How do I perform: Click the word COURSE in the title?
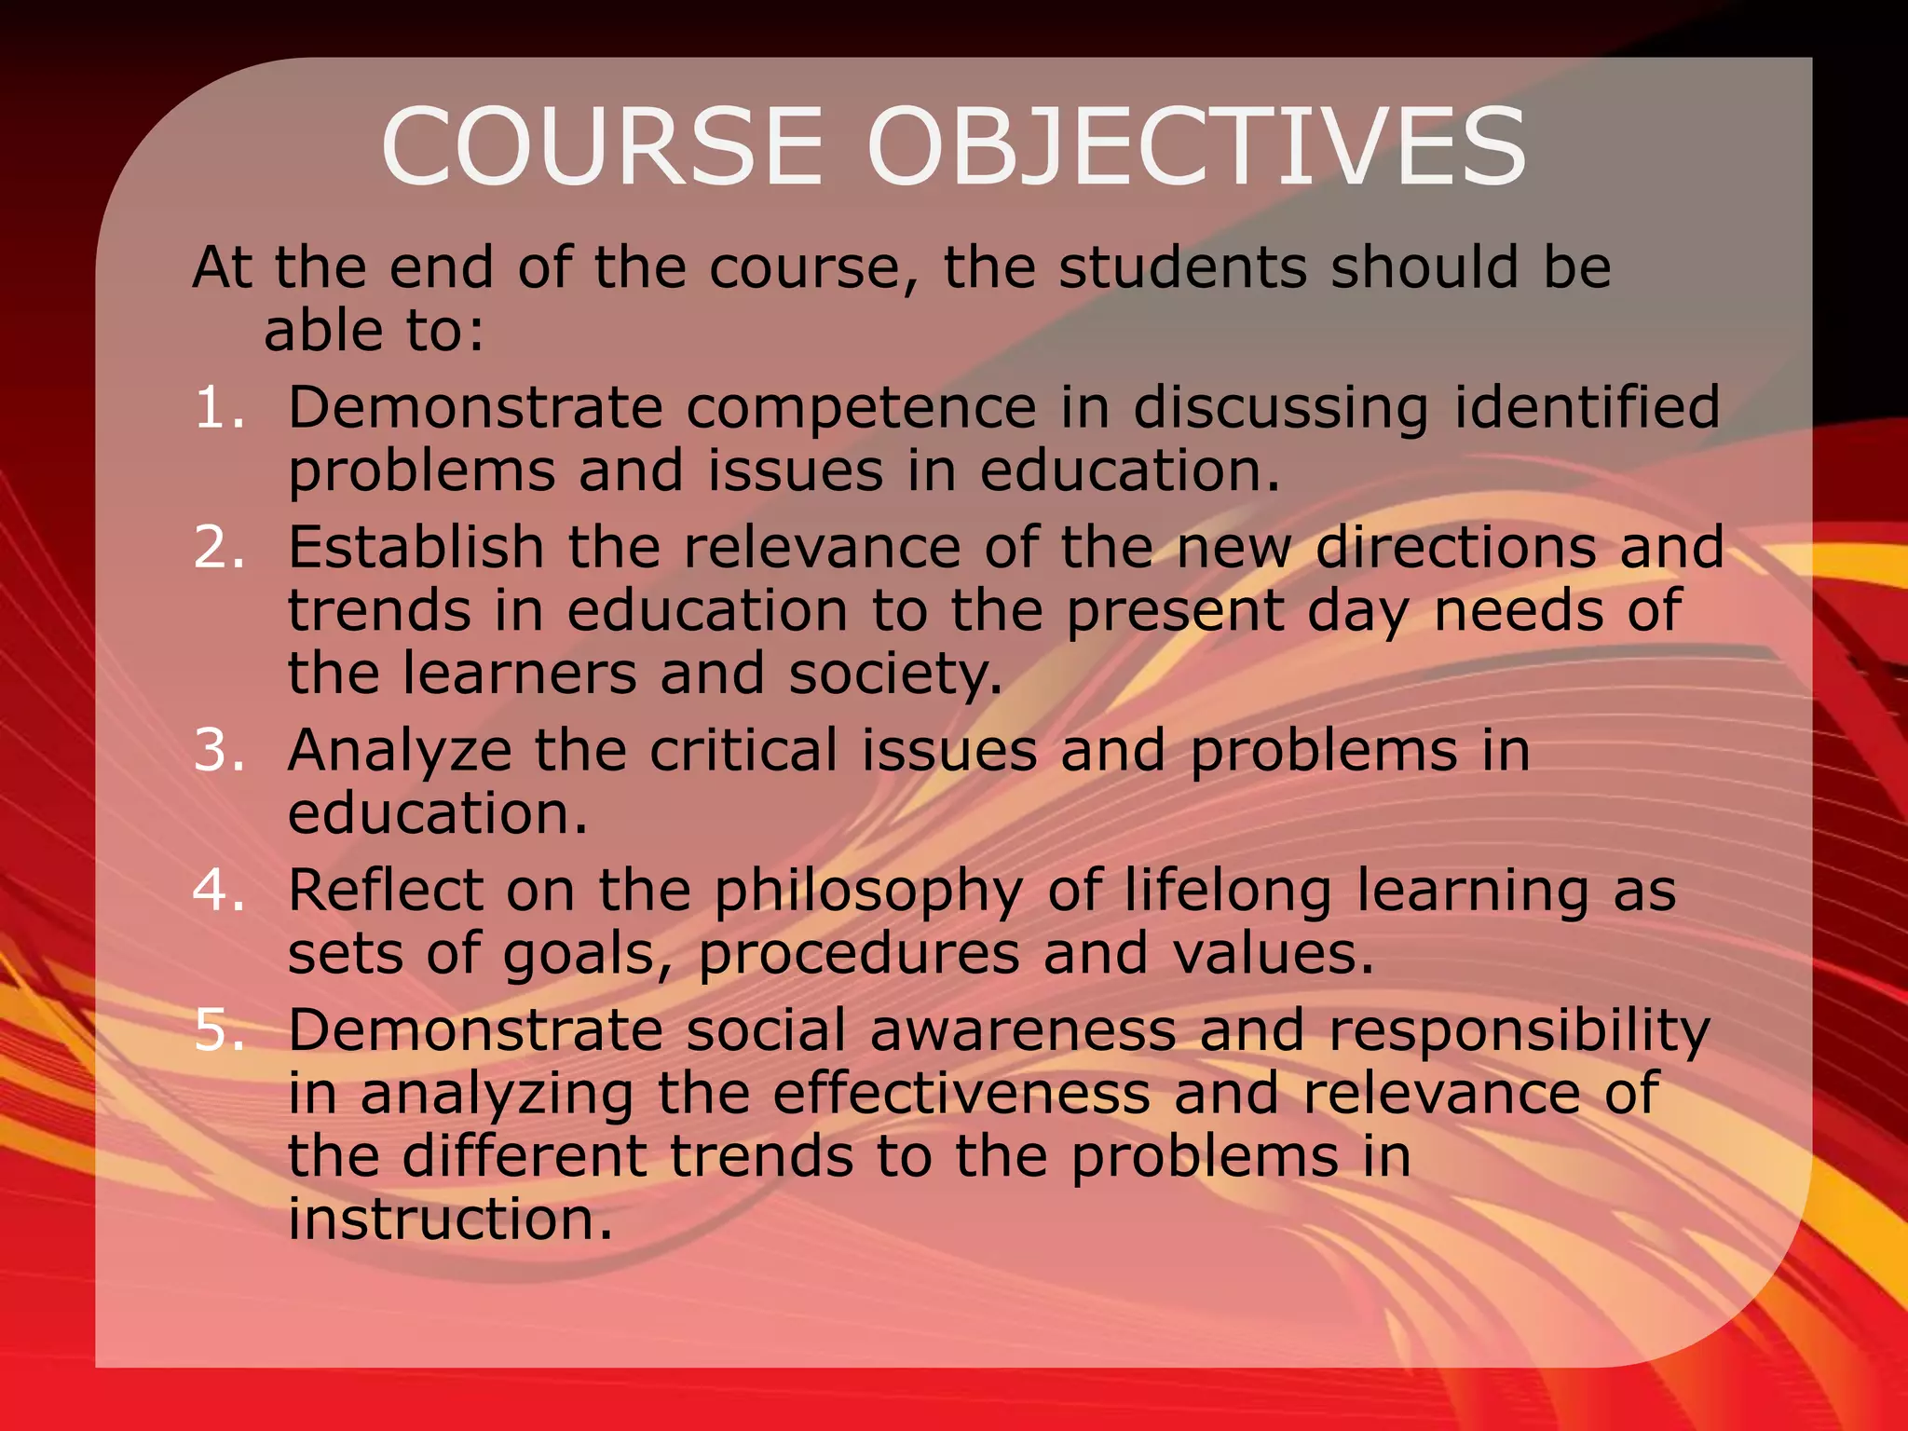click(601, 147)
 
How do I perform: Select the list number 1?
click(219, 408)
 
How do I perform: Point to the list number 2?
click(219, 548)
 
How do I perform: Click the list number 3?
click(219, 751)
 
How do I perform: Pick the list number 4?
click(219, 891)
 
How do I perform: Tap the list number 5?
click(219, 1030)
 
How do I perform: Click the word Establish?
click(416, 548)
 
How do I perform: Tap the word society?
click(895, 675)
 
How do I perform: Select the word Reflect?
click(385, 891)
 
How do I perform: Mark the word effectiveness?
click(961, 1094)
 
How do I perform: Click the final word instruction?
click(450, 1220)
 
